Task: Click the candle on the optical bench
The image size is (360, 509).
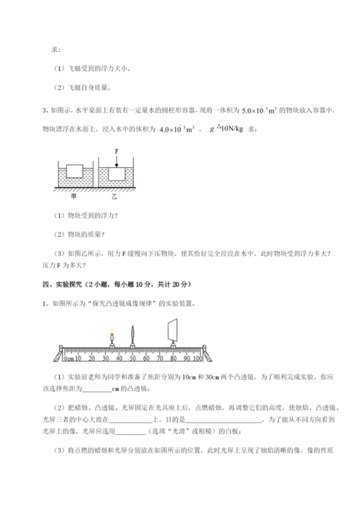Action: (x=112, y=338)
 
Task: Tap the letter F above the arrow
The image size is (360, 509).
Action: (x=116, y=151)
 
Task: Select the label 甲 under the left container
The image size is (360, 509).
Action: (x=73, y=195)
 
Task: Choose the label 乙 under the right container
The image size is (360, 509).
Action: (x=114, y=195)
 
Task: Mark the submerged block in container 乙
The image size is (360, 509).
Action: (x=116, y=175)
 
